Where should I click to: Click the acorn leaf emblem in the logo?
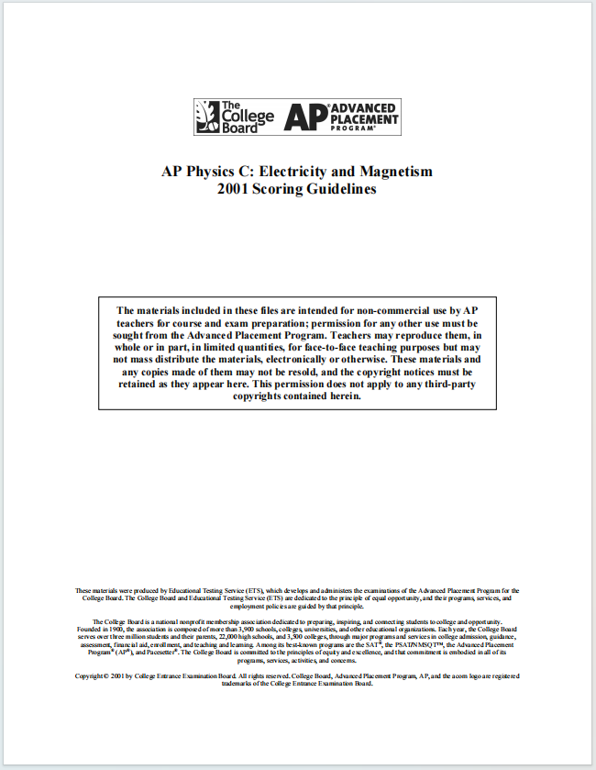(207, 117)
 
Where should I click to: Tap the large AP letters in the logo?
(304, 117)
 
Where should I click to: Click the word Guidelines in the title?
(342, 190)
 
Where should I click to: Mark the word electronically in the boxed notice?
(319, 363)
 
